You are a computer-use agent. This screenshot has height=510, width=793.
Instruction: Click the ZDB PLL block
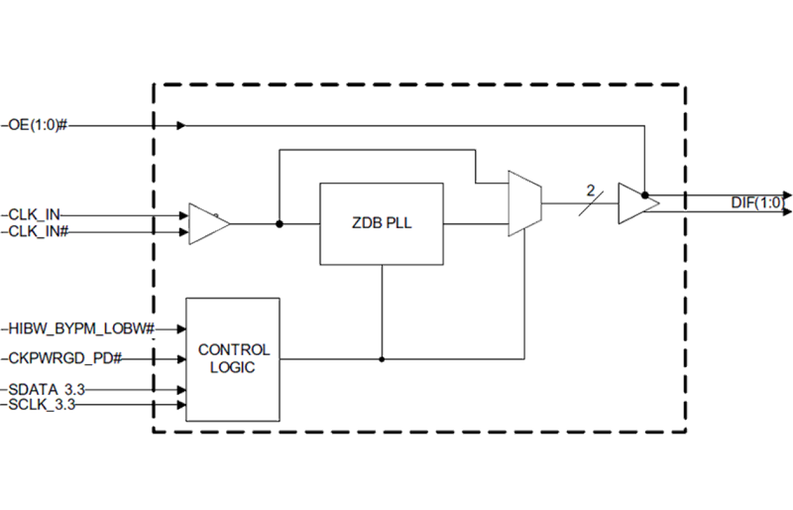pyautogui.click(x=381, y=224)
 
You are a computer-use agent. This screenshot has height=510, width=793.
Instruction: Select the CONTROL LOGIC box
pyautogui.click(x=233, y=359)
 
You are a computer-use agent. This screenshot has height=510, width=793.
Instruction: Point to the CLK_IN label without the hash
pyautogui.click(x=35, y=215)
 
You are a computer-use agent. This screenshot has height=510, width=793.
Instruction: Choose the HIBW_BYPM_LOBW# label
pyautogui.click(x=81, y=329)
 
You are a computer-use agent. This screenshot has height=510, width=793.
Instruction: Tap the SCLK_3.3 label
pyautogui.click(x=43, y=404)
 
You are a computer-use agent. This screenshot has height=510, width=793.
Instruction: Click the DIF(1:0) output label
pyautogui.click(x=757, y=203)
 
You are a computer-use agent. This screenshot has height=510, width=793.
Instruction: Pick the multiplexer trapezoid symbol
pyautogui.click(x=524, y=203)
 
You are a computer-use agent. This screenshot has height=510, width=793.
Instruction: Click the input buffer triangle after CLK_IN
pyautogui.click(x=207, y=224)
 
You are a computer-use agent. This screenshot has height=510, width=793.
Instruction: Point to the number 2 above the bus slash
pyautogui.click(x=590, y=188)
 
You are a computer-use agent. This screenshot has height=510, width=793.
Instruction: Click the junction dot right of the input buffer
pyautogui.click(x=280, y=224)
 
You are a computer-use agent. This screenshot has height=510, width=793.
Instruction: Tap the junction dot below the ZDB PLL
pyautogui.click(x=381, y=359)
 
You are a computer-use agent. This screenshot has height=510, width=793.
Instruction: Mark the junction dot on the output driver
pyautogui.click(x=645, y=195)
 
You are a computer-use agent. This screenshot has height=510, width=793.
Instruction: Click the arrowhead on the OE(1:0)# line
pyautogui.click(x=181, y=126)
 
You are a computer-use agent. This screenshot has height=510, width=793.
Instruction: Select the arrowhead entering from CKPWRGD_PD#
pyautogui.click(x=182, y=359)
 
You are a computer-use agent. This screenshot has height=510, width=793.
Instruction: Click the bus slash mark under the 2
pyautogui.click(x=590, y=204)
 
